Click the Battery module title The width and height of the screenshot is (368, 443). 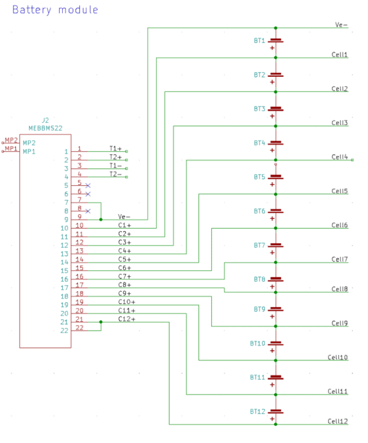[x=55, y=10]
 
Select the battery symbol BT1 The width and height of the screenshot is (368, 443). [x=276, y=41]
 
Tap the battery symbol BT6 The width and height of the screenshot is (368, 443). [x=276, y=212]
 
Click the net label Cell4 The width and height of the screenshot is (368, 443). [x=340, y=157]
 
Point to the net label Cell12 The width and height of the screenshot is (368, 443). [x=338, y=421]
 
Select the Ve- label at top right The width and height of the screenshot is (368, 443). [x=341, y=25]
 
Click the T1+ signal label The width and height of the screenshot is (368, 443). [x=115, y=148]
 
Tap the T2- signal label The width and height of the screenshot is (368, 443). [x=115, y=174]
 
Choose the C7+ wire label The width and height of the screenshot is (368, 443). [x=125, y=277]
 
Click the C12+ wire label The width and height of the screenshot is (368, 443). [x=127, y=320]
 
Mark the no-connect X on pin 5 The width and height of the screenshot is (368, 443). [x=88, y=185]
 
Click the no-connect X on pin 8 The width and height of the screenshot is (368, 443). [x=88, y=211]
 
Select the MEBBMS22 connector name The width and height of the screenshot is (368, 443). [x=45, y=128]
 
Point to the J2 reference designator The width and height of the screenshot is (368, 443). [x=45, y=120]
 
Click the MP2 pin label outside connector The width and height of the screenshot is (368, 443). [x=10, y=140]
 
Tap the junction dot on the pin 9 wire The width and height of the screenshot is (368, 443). [x=101, y=219]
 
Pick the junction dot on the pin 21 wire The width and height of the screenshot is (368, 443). [x=101, y=321]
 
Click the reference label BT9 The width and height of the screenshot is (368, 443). [x=259, y=309]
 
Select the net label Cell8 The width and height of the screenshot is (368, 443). [x=340, y=289]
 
